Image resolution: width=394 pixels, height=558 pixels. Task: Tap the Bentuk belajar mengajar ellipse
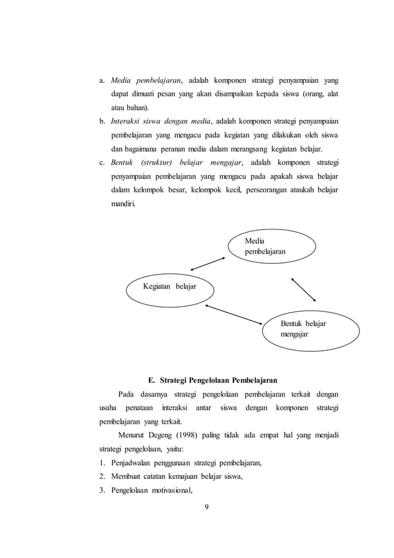311,330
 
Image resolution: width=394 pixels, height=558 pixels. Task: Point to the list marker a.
103,81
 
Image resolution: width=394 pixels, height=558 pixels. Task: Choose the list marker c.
103,162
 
